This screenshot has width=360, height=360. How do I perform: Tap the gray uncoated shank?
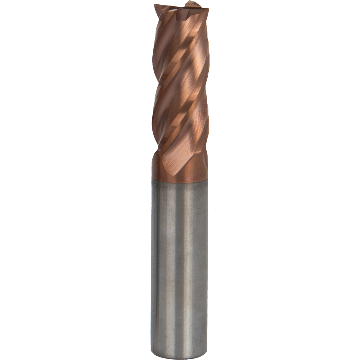tap(179, 259)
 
